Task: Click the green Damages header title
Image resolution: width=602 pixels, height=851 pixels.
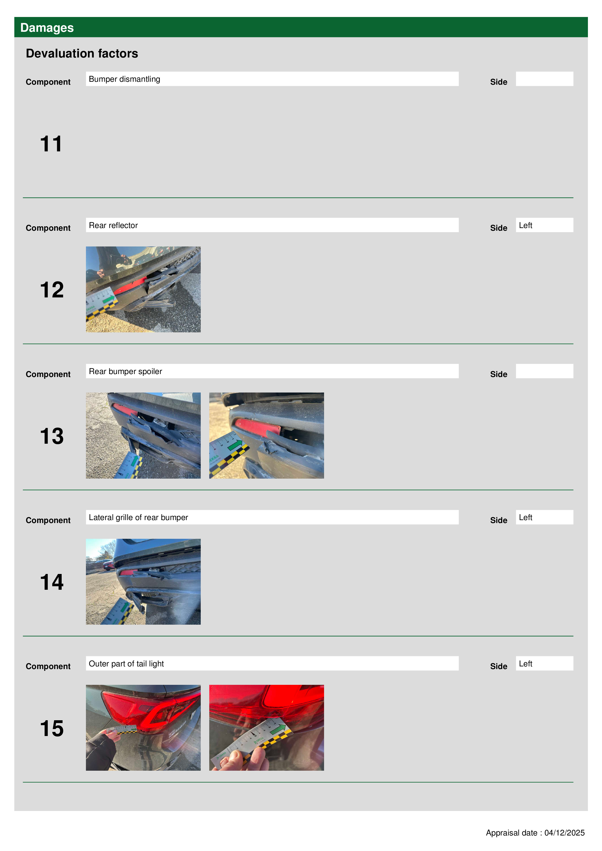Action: [47, 28]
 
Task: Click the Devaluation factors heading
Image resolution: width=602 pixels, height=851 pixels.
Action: [82, 53]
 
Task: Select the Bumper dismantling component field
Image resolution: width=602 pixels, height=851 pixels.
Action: [272, 79]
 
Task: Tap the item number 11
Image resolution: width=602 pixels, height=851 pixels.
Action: [51, 144]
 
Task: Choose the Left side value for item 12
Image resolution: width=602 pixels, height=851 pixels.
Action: [525, 225]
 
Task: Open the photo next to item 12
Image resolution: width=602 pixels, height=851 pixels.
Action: [143, 289]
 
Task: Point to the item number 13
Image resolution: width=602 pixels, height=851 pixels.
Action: [52, 436]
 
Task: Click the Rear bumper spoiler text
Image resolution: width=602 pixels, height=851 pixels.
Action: [125, 371]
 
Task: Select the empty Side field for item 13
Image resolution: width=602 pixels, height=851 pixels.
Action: [544, 371]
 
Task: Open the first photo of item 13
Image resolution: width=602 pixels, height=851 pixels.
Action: [143, 435]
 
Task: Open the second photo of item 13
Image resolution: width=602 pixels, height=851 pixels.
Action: [266, 435]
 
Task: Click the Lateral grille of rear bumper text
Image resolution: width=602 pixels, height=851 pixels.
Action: [138, 517]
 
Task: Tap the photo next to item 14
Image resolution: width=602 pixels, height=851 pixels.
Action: [143, 581]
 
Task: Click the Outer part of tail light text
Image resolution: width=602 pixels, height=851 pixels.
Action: [126, 664]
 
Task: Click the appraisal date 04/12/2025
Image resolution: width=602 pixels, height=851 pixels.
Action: [564, 833]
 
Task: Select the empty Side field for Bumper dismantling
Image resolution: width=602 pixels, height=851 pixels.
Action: [544, 79]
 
